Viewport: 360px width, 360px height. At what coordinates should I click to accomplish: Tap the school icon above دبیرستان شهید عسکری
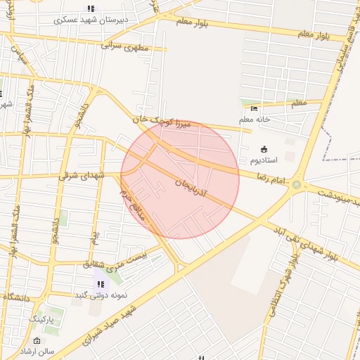[90, 8]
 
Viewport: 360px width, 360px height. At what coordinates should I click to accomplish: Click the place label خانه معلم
[255, 120]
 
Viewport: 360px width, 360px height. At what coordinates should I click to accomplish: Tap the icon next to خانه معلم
[254, 108]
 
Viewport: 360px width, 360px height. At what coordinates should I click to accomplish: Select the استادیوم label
[264, 160]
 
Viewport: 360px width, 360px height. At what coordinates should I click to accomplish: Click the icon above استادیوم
[264, 149]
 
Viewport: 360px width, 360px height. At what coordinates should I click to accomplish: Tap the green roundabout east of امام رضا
[297, 186]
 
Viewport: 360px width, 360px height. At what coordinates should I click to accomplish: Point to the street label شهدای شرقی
[82, 174]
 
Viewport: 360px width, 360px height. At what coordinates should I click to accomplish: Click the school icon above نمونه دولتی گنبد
[101, 284]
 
